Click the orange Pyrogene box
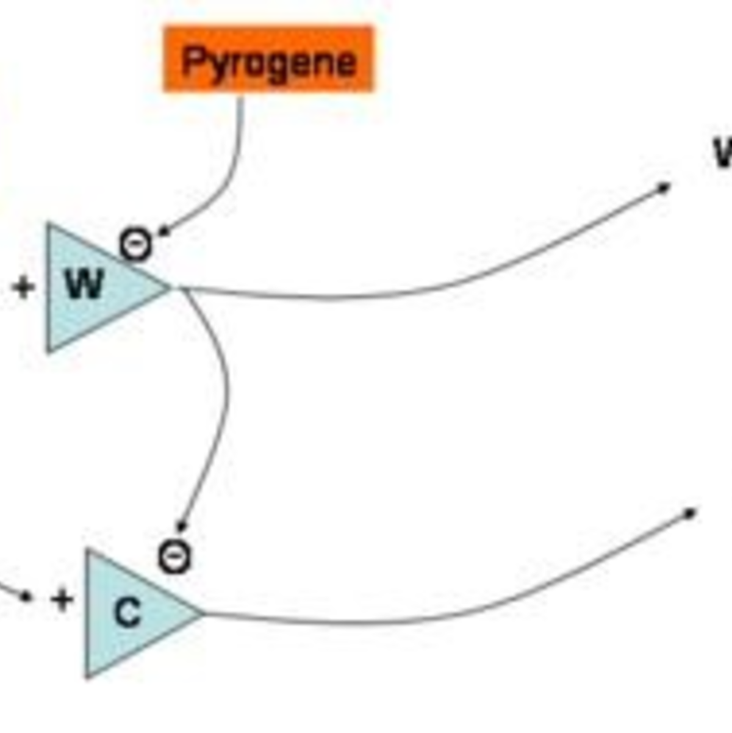(268, 59)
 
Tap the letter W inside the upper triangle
(84, 284)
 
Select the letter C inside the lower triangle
(127, 613)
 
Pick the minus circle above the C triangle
(174, 556)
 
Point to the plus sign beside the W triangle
(23, 287)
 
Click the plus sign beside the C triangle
(62, 599)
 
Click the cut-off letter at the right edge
(723, 153)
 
